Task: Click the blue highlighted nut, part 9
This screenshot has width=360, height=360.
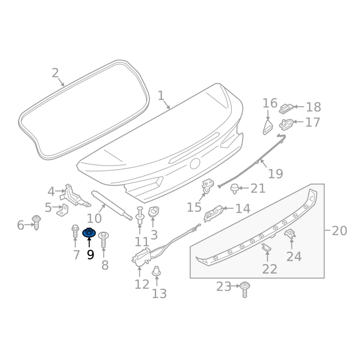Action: tap(89, 233)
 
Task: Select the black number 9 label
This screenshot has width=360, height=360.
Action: tap(90, 255)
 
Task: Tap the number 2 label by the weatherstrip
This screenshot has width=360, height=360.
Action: tap(55, 73)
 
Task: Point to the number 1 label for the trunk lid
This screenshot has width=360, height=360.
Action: tap(161, 95)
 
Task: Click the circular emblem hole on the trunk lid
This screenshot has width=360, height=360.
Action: tap(195, 164)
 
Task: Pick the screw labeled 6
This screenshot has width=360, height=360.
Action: tap(36, 222)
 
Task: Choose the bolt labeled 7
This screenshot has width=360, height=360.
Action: tap(75, 231)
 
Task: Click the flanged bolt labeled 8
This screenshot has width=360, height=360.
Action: tap(103, 239)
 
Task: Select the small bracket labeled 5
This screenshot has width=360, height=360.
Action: tap(63, 210)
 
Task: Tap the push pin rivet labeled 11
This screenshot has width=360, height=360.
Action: tap(140, 215)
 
